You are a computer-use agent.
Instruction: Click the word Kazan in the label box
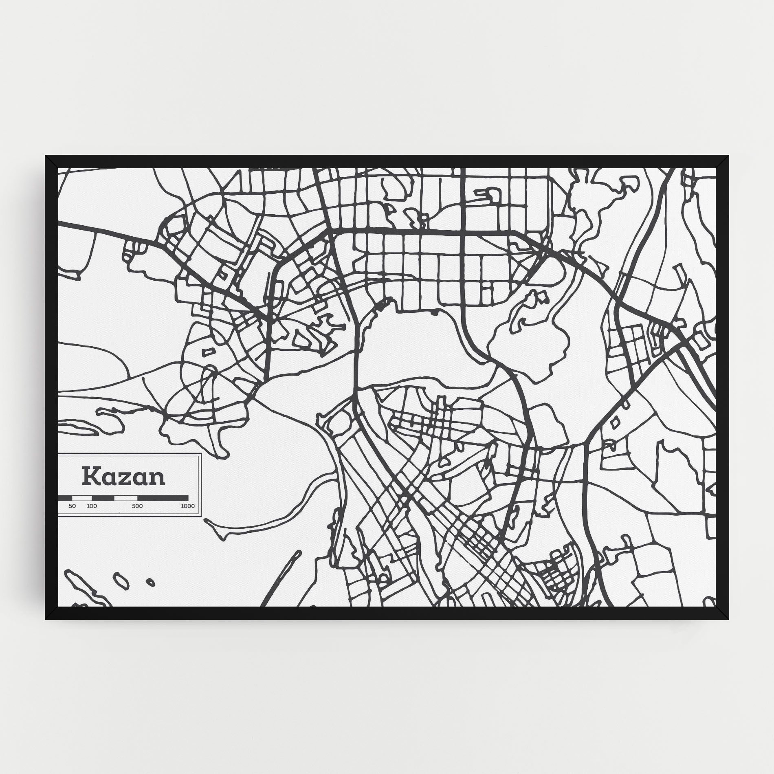124,477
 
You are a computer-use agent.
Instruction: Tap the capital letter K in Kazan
90,476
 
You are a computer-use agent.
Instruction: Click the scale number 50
72,506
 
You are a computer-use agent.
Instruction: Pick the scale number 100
92,506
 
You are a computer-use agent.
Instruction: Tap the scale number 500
137,506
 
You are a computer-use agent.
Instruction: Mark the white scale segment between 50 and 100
82,498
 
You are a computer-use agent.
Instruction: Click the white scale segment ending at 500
126,498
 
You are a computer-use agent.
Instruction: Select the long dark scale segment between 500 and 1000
163,498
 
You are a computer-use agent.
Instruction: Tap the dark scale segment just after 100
103,498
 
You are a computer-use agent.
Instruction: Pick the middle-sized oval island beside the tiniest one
121,580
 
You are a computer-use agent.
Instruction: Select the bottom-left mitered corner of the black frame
51,613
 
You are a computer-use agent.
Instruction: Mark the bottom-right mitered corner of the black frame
723,613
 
